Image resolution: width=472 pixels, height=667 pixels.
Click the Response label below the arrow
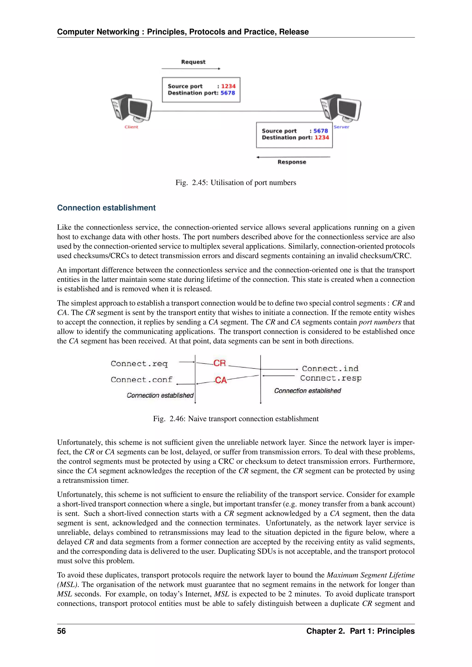click(292, 162)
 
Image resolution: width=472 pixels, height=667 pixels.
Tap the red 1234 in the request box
click(228, 86)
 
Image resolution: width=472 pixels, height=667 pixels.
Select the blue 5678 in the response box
click(320, 131)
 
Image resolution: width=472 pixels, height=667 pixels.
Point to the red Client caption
click(131, 127)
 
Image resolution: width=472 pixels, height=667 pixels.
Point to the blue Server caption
click(341, 127)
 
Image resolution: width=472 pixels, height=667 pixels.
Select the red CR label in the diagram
click(219, 363)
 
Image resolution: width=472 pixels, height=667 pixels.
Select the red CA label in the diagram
click(221, 380)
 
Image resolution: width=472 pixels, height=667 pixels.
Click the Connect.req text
click(139, 364)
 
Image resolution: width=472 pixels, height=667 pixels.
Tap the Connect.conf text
click(141, 380)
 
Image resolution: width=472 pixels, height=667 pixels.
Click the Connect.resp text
click(330, 378)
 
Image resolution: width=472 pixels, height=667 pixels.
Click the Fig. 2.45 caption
click(236, 183)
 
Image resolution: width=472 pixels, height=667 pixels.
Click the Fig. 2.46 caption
click(236, 419)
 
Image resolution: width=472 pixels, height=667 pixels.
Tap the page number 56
click(61, 631)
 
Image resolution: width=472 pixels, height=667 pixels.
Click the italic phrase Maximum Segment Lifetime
click(370, 575)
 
